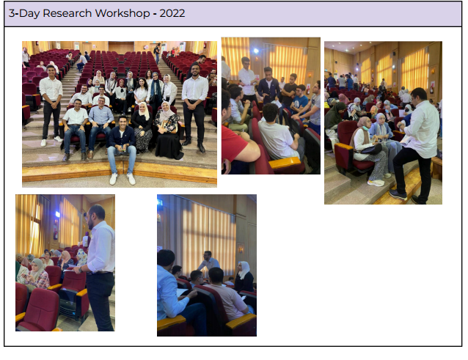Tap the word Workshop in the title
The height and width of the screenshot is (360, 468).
pos(123,13)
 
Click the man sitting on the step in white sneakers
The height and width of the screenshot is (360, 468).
pos(122,149)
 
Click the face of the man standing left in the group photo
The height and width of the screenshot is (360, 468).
pos(51,71)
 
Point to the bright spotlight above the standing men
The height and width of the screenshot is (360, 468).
pos(256,51)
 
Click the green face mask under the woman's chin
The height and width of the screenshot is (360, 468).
pos(365,128)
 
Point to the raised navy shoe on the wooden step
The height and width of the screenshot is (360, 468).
pos(398,194)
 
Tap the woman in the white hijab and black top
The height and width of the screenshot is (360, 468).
pos(244,277)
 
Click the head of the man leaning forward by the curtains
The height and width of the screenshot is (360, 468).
pos(208,256)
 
